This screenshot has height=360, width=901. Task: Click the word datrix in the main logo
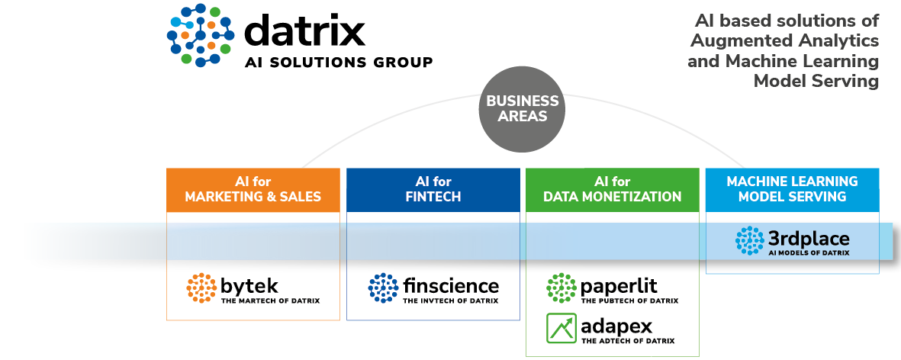(305, 31)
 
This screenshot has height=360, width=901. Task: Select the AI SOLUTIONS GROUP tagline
(338, 63)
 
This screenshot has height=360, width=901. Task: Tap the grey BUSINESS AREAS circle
(523, 109)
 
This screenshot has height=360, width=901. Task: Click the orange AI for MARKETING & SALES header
(253, 189)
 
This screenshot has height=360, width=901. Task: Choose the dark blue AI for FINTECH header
(433, 189)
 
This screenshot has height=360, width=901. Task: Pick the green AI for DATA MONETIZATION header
(612, 189)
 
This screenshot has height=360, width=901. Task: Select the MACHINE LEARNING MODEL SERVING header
(792, 189)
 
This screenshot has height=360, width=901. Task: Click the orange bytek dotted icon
(201, 288)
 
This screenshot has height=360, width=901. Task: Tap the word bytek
(249, 287)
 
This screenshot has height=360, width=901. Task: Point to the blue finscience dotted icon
(383, 288)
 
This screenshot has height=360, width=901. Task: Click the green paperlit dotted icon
(562, 288)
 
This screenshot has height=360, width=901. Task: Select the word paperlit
(619, 287)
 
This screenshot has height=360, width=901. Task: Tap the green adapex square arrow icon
(562, 328)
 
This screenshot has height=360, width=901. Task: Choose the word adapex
(616, 327)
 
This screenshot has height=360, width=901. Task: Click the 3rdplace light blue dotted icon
(749, 240)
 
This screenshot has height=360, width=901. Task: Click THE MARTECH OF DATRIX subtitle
(270, 301)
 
